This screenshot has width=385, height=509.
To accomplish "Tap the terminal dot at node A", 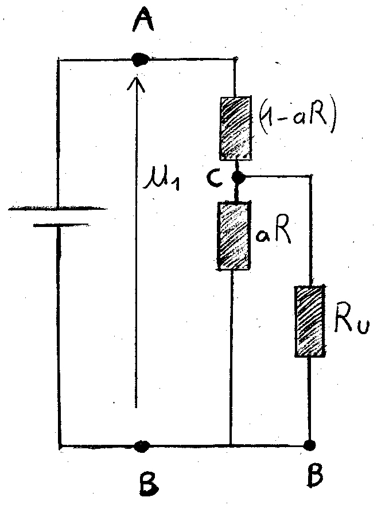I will (x=138, y=58).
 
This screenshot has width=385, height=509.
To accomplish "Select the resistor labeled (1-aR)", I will (x=235, y=127).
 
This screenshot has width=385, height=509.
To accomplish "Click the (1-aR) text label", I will (x=297, y=118).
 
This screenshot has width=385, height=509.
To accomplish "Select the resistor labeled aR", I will (x=234, y=236).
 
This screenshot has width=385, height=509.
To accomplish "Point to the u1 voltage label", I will (x=162, y=184).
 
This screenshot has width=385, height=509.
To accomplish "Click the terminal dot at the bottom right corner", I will (x=310, y=444).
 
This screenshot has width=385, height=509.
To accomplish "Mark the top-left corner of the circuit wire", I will (x=59, y=58).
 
